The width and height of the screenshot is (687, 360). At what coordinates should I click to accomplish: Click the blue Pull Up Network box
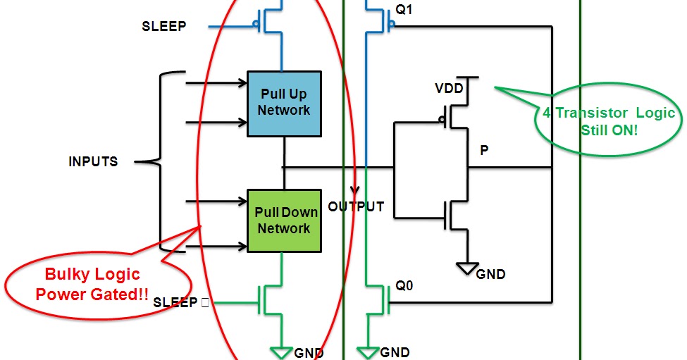(283, 104)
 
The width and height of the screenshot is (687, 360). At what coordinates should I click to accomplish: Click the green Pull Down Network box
(283, 220)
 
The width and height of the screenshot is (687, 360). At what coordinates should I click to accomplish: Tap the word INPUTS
(93, 162)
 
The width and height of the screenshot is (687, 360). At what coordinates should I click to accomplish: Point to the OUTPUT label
(356, 206)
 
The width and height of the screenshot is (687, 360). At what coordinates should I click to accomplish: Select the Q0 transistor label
(404, 286)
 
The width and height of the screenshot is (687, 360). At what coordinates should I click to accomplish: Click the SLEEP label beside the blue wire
(163, 27)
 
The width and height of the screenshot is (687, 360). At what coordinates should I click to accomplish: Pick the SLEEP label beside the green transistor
(175, 302)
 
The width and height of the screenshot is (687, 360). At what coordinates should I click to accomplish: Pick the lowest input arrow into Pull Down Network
(215, 247)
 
